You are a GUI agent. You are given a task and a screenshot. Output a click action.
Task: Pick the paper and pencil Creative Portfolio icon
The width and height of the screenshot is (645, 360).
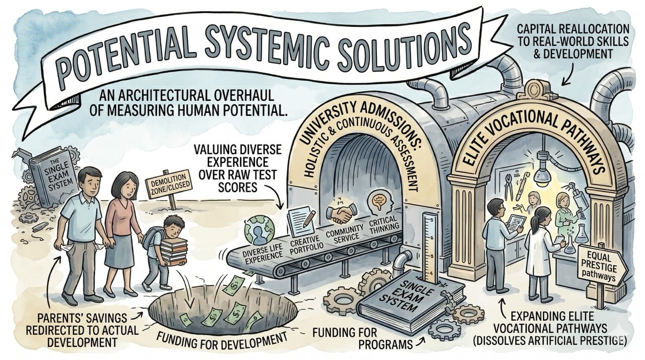[x=300, y=220]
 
